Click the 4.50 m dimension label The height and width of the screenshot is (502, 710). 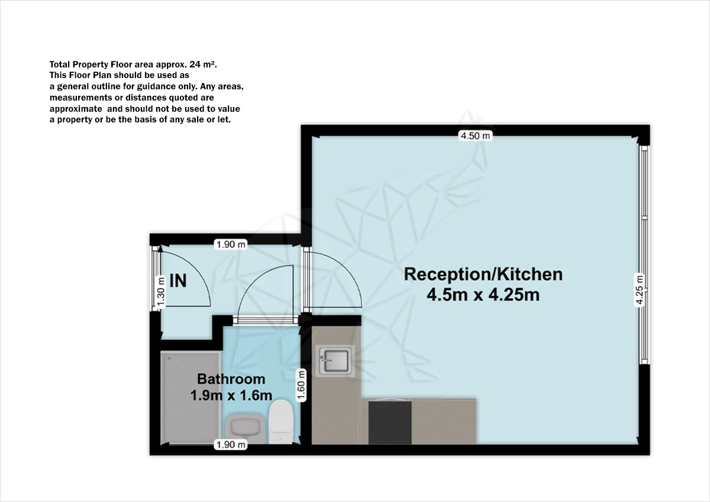476,135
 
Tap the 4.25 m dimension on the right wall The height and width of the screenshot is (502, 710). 639,289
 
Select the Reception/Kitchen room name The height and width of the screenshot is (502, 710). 483,274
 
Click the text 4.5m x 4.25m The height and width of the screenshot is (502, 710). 483,294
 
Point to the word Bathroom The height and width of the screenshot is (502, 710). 231,379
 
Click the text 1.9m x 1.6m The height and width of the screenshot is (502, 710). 231,396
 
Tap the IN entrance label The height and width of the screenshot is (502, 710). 177,281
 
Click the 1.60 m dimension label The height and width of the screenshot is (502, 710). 301,385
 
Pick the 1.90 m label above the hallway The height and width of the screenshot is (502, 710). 230,244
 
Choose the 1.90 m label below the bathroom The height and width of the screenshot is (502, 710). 230,445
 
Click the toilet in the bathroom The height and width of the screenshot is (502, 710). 280,421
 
